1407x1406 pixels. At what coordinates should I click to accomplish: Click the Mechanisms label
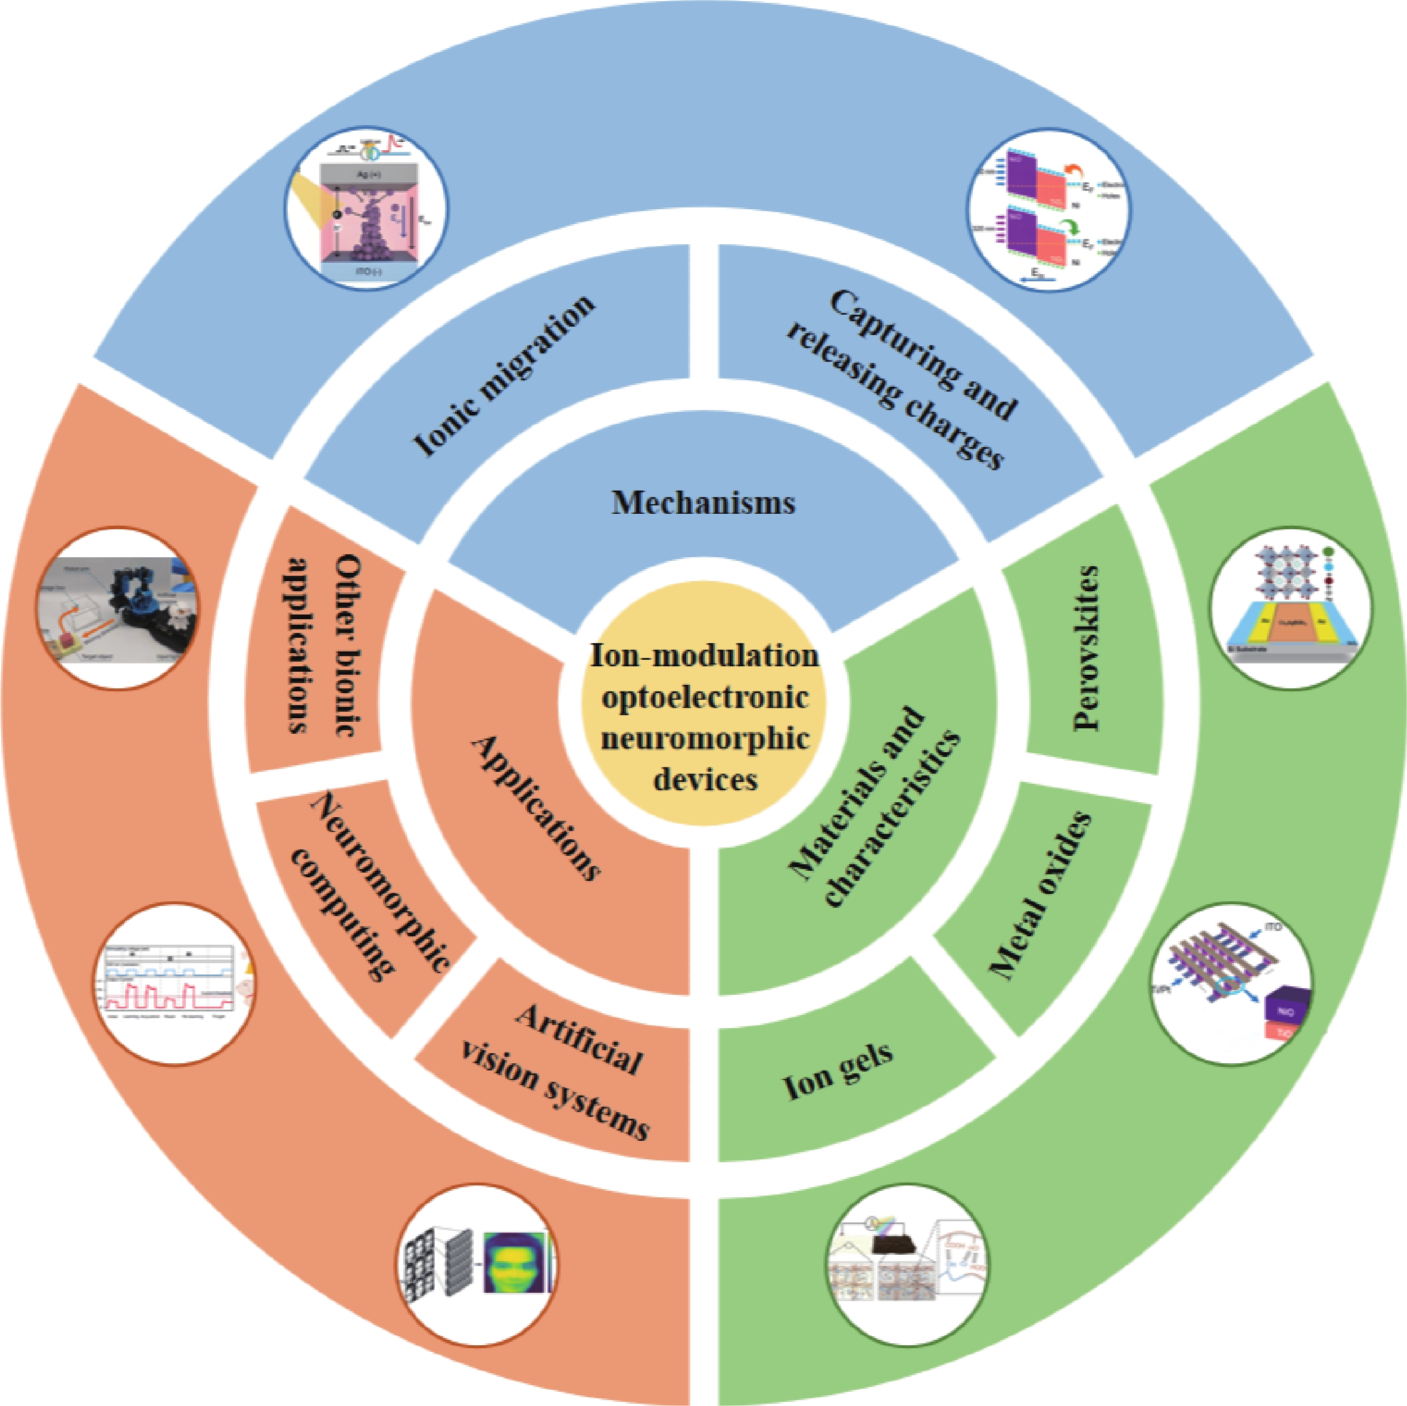[x=703, y=502]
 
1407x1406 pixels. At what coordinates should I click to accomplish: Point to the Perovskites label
[x=1085, y=648]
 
